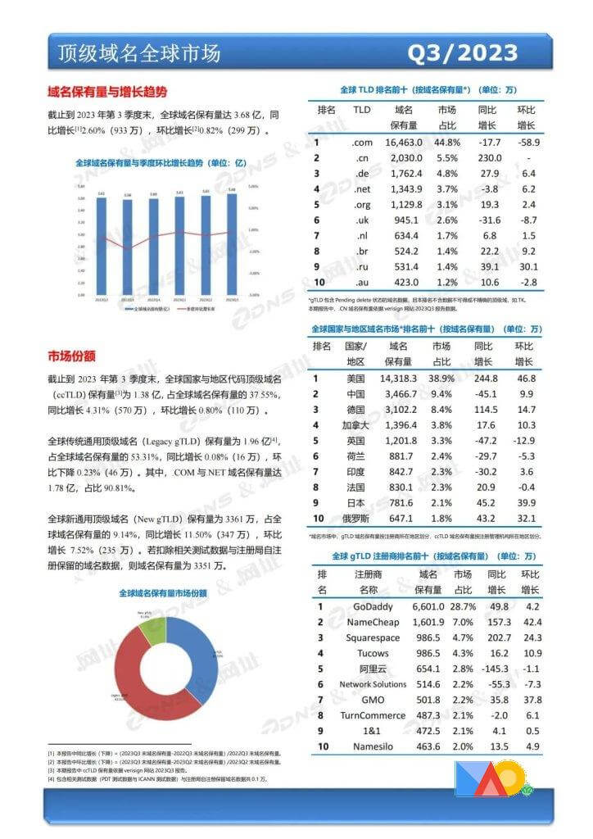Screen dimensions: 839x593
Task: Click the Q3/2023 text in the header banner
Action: click(x=463, y=53)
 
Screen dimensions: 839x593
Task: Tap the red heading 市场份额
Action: click(x=72, y=356)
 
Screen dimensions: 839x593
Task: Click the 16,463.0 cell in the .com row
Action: click(x=402, y=142)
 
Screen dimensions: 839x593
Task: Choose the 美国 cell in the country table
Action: click(x=355, y=379)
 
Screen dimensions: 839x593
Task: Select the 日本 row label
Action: click(x=355, y=502)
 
